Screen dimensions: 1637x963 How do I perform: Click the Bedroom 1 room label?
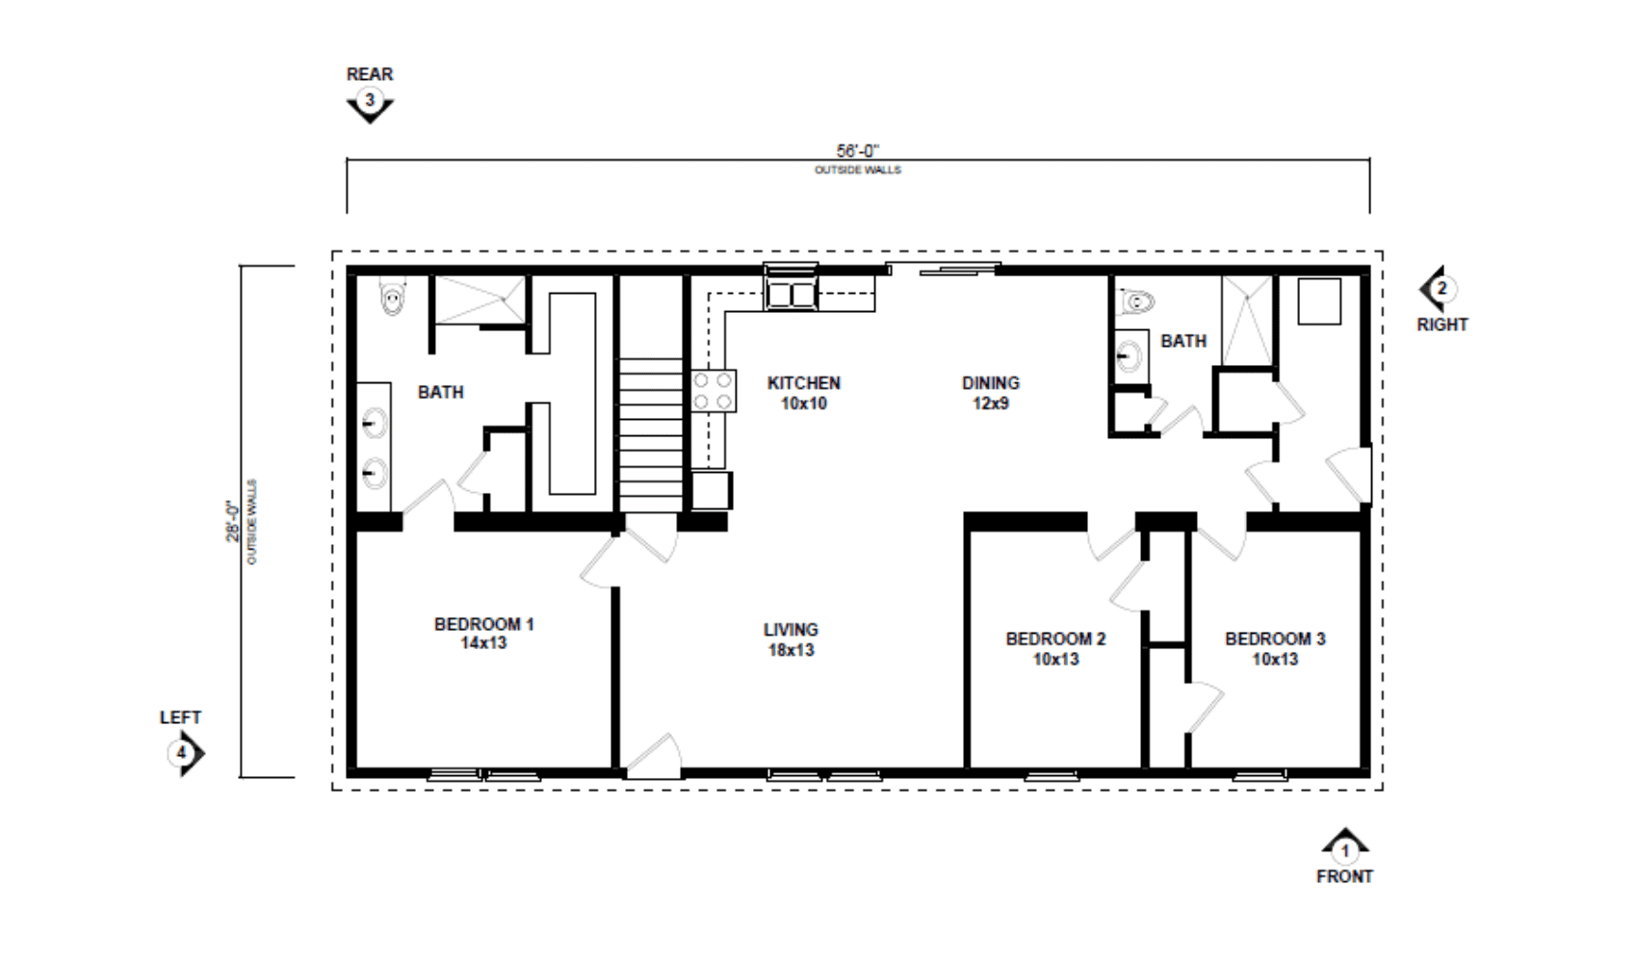(x=483, y=634)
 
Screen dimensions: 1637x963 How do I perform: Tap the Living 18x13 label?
(x=791, y=639)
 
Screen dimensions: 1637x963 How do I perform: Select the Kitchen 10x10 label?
(x=804, y=393)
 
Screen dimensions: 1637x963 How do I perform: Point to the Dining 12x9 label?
(x=990, y=393)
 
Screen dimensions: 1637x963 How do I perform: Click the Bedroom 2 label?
(x=1055, y=649)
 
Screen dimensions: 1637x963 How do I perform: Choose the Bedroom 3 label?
(x=1275, y=649)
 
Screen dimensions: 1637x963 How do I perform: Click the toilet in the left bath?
(x=393, y=296)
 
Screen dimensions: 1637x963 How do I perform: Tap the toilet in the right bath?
(x=1134, y=301)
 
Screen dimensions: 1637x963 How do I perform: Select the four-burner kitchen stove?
(x=714, y=391)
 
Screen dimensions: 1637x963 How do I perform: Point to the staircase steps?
(x=651, y=434)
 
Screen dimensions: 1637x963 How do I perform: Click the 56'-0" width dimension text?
(x=858, y=151)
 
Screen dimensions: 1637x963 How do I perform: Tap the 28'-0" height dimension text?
(x=232, y=521)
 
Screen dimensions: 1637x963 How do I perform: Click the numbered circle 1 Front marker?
(x=1344, y=850)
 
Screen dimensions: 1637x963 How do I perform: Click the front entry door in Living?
(x=654, y=757)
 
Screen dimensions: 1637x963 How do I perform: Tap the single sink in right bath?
(x=1130, y=356)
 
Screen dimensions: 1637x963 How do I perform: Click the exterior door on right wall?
(x=1350, y=475)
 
